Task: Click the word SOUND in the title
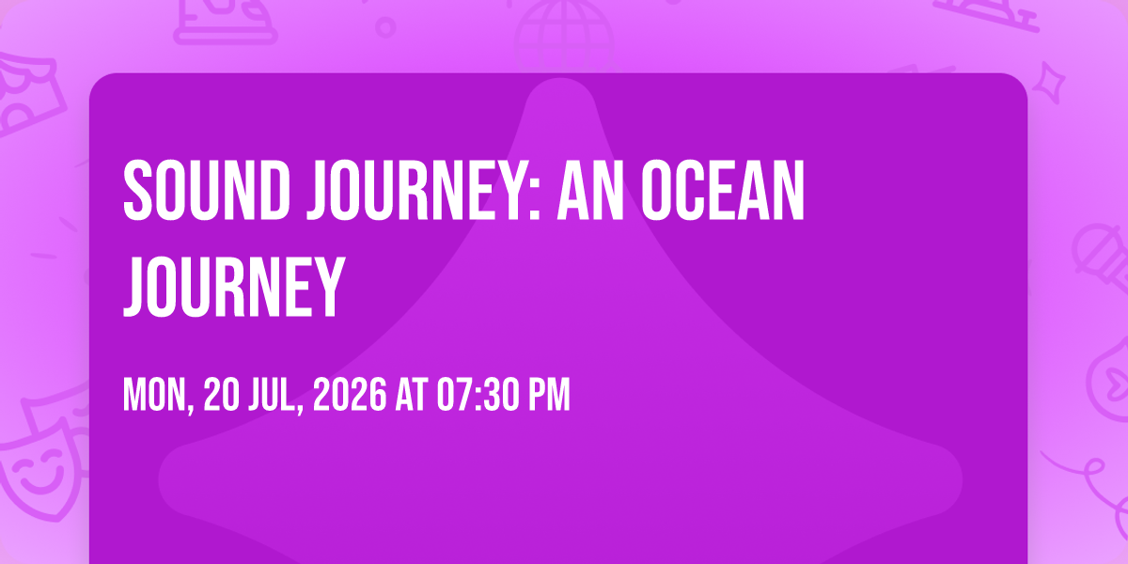coord(207,191)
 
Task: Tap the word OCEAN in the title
coord(723,191)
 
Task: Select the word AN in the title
coord(590,191)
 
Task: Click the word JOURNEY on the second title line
coord(234,287)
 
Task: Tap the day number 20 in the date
coord(222,395)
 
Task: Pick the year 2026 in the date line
coord(350,395)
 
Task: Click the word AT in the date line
coord(412,395)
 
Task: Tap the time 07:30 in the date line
coord(478,395)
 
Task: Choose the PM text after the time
coord(549,395)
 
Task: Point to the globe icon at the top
coord(564,36)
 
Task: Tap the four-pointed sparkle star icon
coord(1049,83)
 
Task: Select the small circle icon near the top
coord(385,27)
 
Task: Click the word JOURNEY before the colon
coord(417,191)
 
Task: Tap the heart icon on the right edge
coord(1114,382)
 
